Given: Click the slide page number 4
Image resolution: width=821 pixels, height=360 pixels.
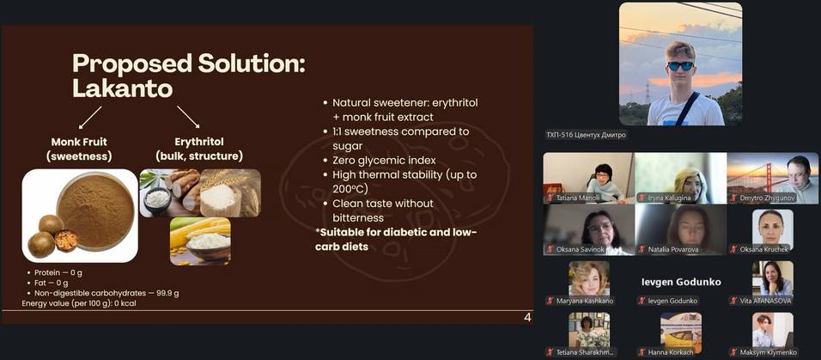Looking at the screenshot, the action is pos(527,318).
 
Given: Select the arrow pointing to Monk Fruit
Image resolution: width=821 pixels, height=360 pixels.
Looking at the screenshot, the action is pos(89,117).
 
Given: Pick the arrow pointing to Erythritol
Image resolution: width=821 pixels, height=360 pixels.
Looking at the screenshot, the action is pos(188,117).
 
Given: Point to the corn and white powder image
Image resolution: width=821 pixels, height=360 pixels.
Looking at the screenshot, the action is pos(200,241).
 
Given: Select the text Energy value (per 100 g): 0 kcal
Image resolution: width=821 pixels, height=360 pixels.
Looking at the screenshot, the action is pos(79,303).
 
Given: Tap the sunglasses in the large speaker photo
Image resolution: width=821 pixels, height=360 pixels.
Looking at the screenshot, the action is pos(681,66).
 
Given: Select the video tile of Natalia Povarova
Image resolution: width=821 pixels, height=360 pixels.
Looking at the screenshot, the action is pos(681,229).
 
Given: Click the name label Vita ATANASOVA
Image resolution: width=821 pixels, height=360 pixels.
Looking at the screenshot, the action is pos(765,301).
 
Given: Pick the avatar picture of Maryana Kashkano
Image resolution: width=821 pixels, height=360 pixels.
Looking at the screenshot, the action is pos(589,278).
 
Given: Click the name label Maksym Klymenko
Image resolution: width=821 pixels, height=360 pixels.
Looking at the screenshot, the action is pos(765,352).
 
